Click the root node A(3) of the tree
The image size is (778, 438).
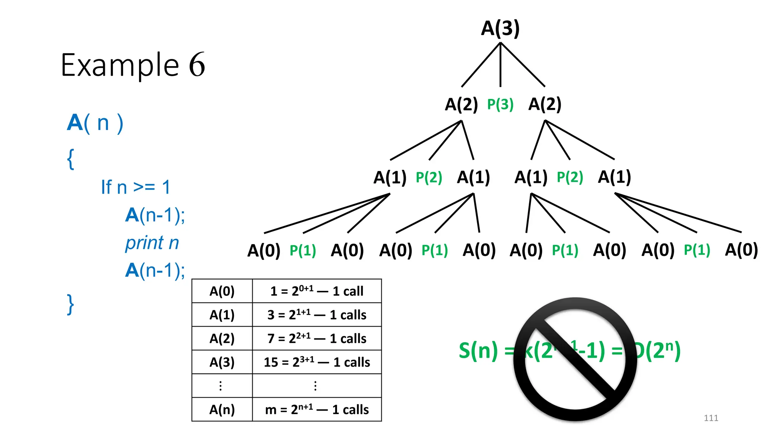click(500, 29)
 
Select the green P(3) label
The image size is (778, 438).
click(500, 104)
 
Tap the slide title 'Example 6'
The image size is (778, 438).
click(133, 65)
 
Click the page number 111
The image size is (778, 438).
click(711, 418)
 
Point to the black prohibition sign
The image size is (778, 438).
click(575, 359)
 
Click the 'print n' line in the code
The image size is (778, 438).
click(152, 243)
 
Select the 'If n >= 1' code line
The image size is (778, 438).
click(136, 187)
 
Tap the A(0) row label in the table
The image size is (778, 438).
click(222, 291)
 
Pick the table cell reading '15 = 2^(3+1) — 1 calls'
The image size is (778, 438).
click(317, 362)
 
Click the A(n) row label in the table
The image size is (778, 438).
click(222, 409)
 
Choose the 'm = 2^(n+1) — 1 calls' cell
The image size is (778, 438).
click(317, 409)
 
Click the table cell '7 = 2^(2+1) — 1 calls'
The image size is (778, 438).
click(317, 338)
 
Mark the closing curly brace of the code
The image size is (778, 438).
click(70, 304)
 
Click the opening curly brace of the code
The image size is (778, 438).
click(70, 159)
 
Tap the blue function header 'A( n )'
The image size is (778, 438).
click(95, 123)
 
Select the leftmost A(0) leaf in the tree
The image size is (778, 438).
click(264, 251)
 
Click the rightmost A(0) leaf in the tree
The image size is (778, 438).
click(741, 250)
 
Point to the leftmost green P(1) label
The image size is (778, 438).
click(303, 251)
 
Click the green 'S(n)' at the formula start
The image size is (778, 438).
click(478, 351)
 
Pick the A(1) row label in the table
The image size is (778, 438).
click(222, 315)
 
